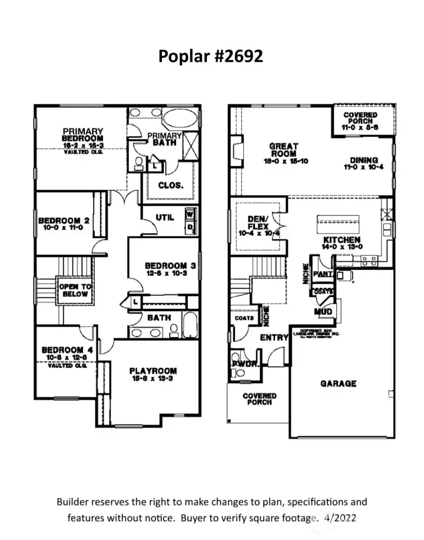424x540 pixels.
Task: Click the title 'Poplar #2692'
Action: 210,56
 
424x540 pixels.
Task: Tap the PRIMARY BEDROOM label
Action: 83,135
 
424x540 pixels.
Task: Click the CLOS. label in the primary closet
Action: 171,185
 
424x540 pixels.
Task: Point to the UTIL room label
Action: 165,218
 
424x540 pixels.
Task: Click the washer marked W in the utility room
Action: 190,215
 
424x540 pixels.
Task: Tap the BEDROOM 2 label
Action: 64,221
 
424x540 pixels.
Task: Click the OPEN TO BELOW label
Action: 75,290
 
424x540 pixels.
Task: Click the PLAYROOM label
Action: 153,371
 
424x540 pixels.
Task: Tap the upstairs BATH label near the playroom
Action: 159,318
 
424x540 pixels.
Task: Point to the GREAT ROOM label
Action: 284,150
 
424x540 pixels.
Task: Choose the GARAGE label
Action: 338,384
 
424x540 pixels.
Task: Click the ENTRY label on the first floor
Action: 274,338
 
